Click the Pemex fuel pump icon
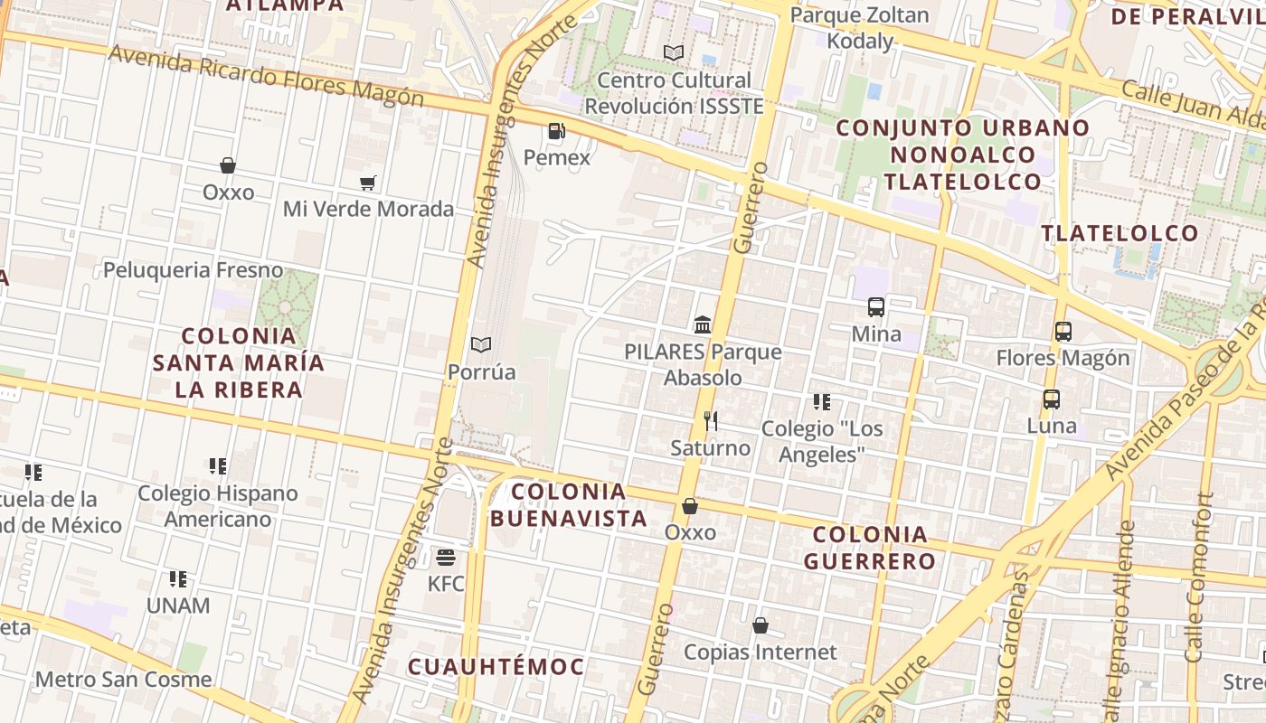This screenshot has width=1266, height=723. pyautogui.click(x=556, y=132)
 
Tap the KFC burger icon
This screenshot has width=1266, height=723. pyautogui.click(x=446, y=557)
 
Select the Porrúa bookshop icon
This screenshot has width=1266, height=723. pyautogui.click(x=481, y=345)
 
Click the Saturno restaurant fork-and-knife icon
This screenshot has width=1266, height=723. pyautogui.click(x=711, y=421)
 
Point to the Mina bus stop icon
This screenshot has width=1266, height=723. pyautogui.click(x=876, y=307)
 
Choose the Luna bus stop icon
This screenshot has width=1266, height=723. pyautogui.click(x=1052, y=399)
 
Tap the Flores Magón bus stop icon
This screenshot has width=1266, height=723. pyautogui.click(x=1063, y=332)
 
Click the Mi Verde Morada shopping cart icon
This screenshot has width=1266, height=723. pyautogui.click(x=367, y=183)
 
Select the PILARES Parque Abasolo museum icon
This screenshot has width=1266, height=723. pyautogui.click(x=703, y=324)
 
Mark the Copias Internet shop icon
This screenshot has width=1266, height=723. pyautogui.click(x=761, y=625)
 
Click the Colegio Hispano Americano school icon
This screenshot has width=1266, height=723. pyautogui.click(x=218, y=466)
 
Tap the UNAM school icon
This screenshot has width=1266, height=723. pyautogui.click(x=178, y=578)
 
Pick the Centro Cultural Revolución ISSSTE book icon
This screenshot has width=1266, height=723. pyautogui.click(x=673, y=53)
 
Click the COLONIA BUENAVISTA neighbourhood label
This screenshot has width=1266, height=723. pyautogui.click(x=569, y=505)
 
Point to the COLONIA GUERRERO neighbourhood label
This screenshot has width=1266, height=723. pyautogui.click(x=869, y=548)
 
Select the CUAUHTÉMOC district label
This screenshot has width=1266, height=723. pyautogui.click(x=496, y=667)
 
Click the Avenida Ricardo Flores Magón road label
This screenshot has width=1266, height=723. pyautogui.click(x=266, y=75)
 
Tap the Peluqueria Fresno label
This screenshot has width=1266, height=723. pyautogui.click(x=193, y=270)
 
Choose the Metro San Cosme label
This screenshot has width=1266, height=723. pyautogui.click(x=124, y=680)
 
